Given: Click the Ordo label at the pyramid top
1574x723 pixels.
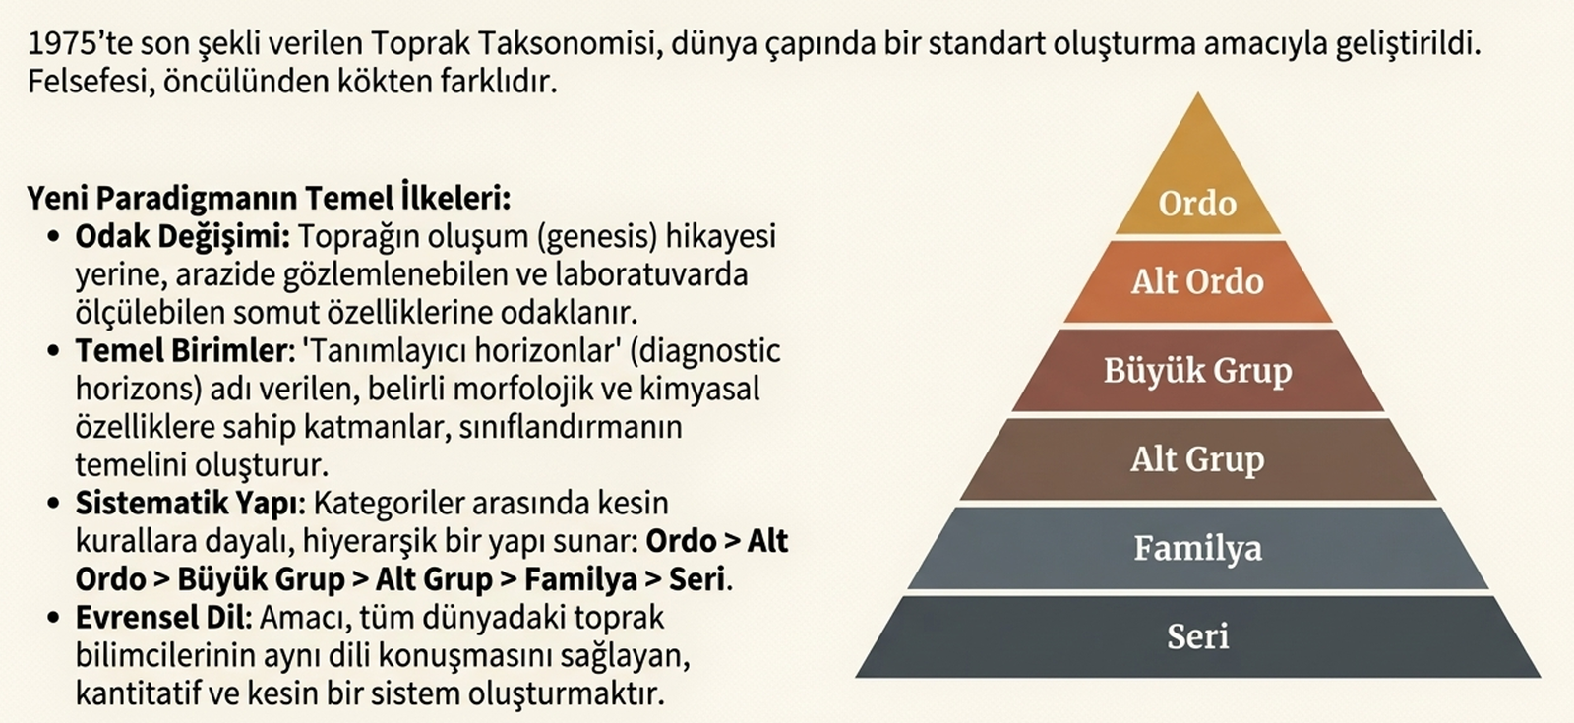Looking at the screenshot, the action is (x=1197, y=203).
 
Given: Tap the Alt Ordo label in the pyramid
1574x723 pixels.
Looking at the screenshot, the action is (x=1197, y=281).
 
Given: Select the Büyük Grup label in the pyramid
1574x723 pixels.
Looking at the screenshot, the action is (x=1197, y=371).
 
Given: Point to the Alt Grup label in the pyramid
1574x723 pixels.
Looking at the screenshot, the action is (x=1197, y=460).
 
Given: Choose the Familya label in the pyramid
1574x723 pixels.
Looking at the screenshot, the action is (x=1197, y=549).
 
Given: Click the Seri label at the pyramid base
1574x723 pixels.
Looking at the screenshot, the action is (x=1197, y=636).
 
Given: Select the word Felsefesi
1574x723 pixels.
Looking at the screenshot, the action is (x=91, y=83).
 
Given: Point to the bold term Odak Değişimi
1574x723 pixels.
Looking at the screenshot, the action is (x=183, y=237).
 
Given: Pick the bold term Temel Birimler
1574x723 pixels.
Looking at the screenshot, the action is (x=181, y=350).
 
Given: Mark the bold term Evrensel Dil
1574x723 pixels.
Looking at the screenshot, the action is (x=162, y=618).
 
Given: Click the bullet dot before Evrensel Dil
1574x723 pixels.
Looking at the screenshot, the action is (x=53, y=619).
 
